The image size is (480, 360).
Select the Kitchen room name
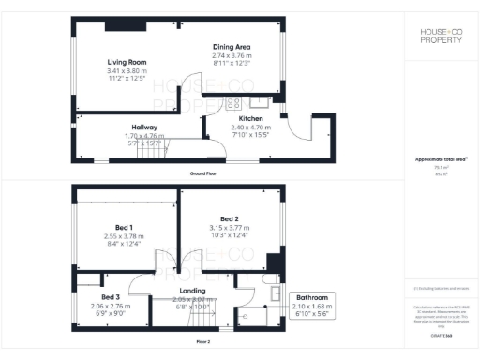[x=250, y=120]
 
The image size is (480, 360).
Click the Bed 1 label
[x=124, y=228]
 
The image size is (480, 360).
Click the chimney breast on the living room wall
[x=118, y=23]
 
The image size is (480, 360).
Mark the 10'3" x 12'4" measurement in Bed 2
[x=229, y=234]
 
